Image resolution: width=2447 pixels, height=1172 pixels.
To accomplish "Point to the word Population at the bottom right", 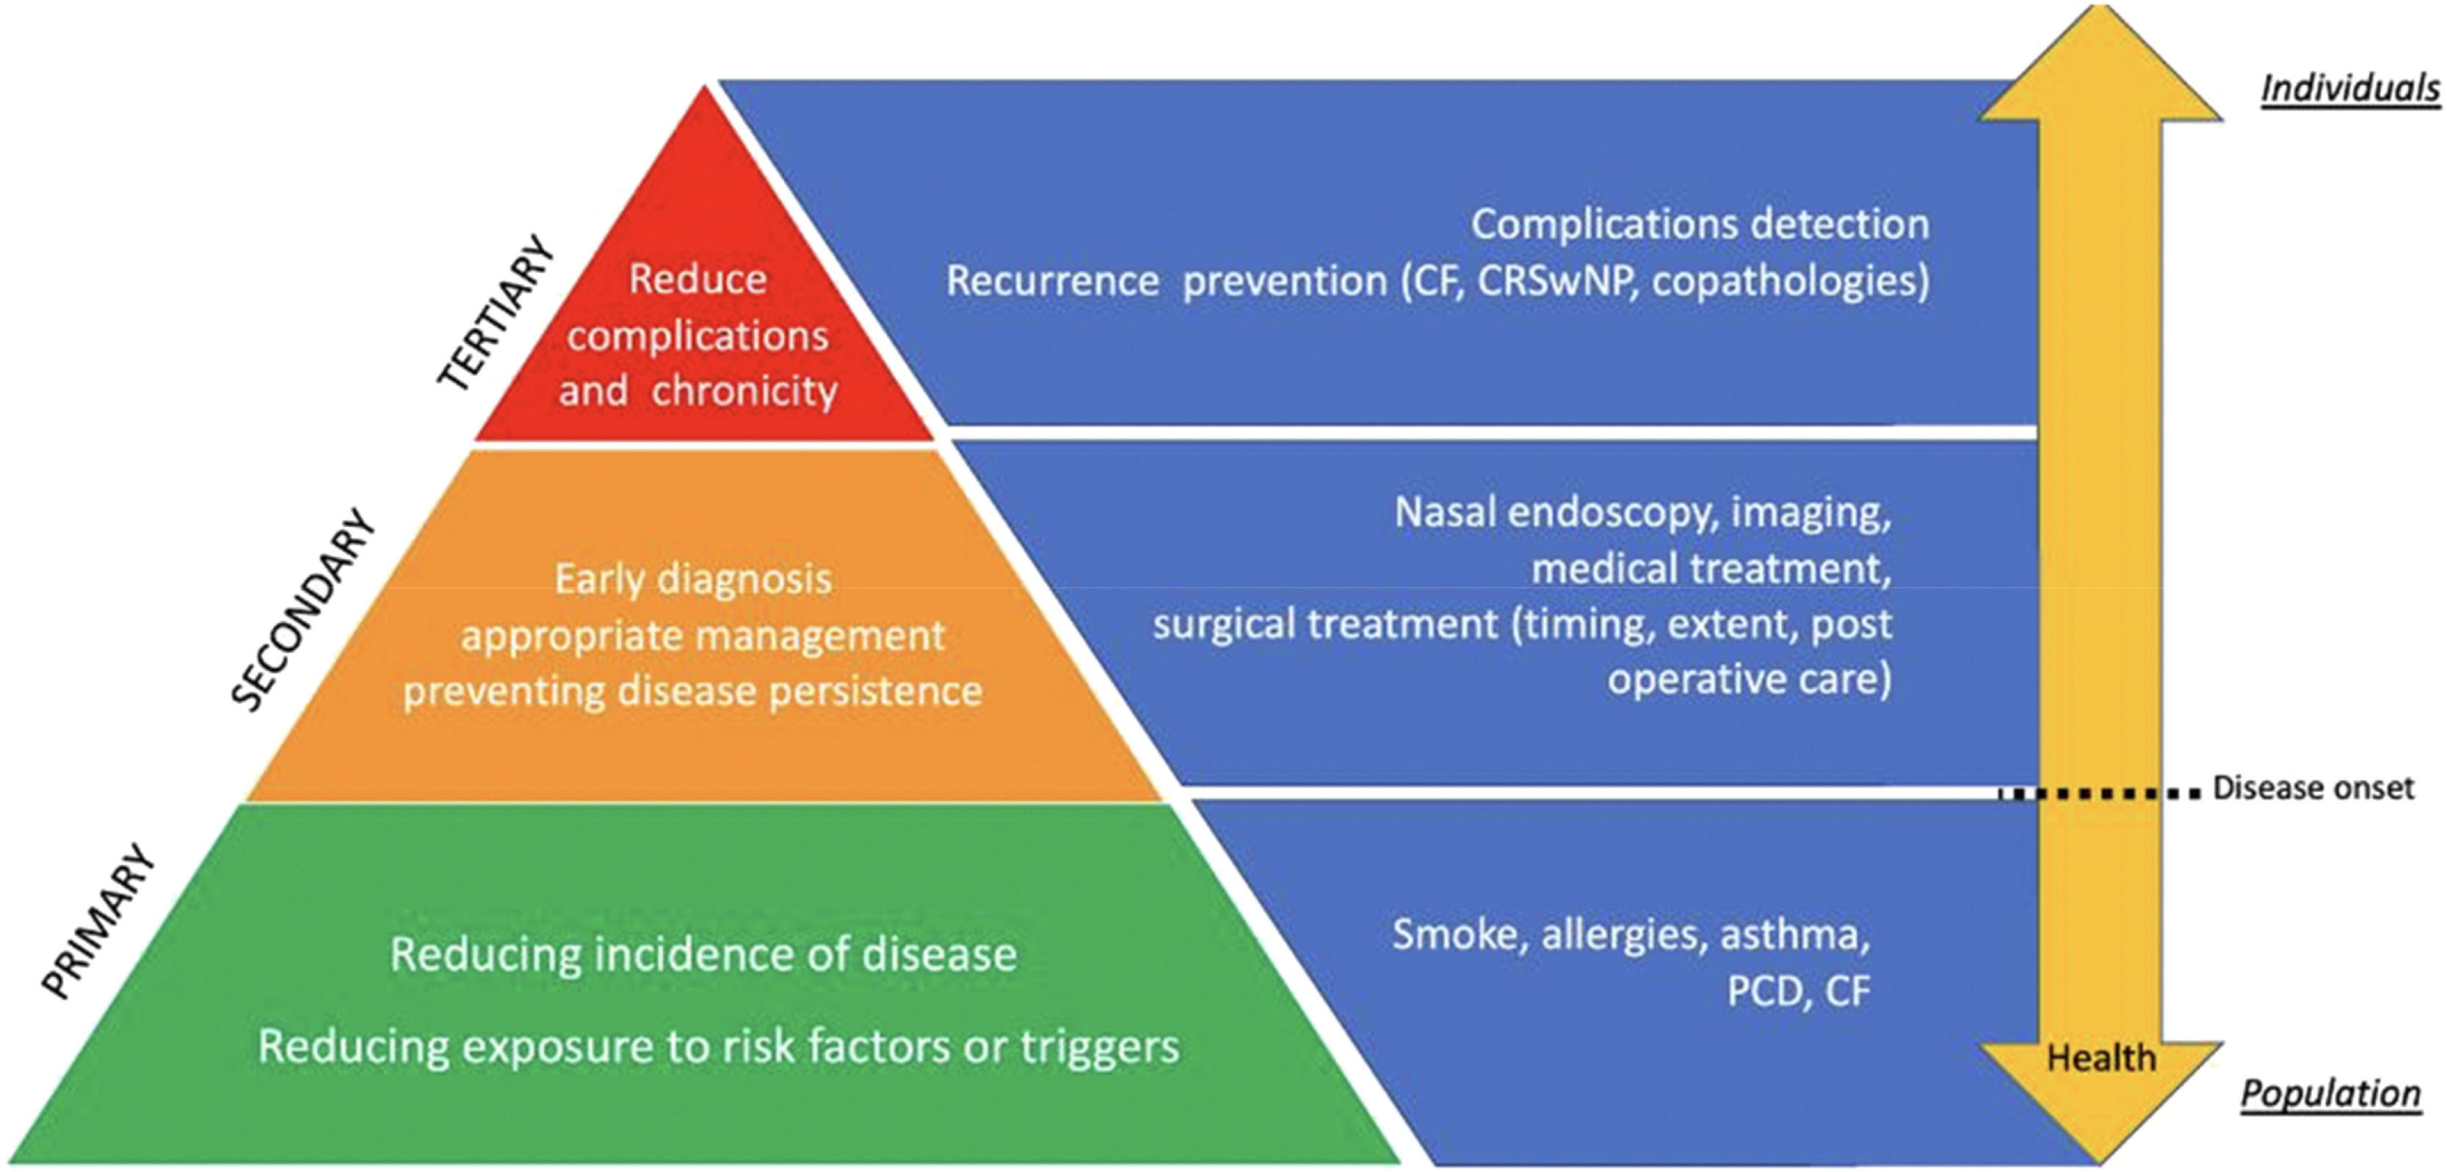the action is pyautogui.click(x=2330, y=1094).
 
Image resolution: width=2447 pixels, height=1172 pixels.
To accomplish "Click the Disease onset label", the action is pyautogui.click(x=2313, y=788).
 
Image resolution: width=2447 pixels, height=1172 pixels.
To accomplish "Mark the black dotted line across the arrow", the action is pyautogui.click(x=2099, y=793).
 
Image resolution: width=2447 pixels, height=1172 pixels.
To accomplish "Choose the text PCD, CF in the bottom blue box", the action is pyautogui.click(x=1798, y=991).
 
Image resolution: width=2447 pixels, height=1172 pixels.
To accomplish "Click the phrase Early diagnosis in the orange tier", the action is pyautogui.click(x=694, y=579).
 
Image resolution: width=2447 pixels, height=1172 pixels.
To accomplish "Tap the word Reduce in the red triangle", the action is pyautogui.click(x=698, y=279).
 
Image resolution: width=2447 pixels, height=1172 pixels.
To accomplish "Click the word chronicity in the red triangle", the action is pyautogui.click(x=744, y=391).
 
